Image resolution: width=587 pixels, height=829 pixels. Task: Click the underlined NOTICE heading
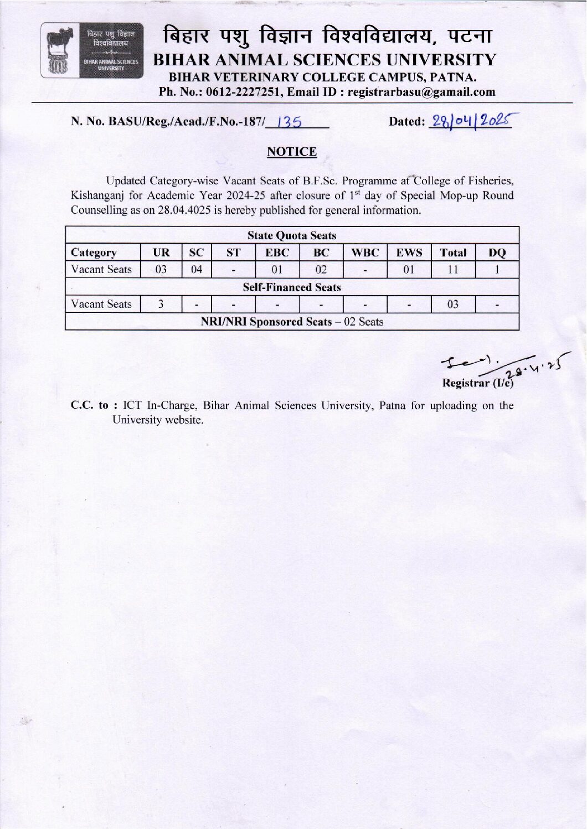(x=292, y=152)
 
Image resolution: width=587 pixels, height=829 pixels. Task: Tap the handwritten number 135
(x=289, y=122)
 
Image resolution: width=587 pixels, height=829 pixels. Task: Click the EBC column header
(x=277, y=253)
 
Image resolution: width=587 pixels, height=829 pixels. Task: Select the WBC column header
(x=365, y=253)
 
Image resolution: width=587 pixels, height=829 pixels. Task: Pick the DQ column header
(x=497, y=253)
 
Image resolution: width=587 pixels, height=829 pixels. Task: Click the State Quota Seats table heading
(x=292, y=235)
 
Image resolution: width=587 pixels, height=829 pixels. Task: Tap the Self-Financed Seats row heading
(x=292, y=287)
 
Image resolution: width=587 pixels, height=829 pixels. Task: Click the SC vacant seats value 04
(x=197, y=270)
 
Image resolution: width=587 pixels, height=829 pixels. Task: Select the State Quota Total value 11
(x=453, y=270)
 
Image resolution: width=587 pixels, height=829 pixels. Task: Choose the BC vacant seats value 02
(x=321, y=270)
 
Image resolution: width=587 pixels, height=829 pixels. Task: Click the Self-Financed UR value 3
(x=161, y=304)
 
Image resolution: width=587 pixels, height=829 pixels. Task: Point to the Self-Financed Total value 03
(x=453, y=304)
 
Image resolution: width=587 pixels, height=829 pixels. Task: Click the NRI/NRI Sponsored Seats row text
(x=292, y=322)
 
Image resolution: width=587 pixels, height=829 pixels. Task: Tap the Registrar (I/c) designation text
(x=477, y=383)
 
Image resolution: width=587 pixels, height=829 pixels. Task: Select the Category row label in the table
(x=94, y=253)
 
